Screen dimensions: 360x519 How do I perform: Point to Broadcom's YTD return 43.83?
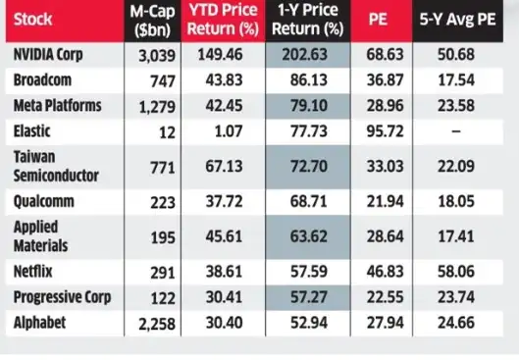pyautogui.click(x=223, y=79)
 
